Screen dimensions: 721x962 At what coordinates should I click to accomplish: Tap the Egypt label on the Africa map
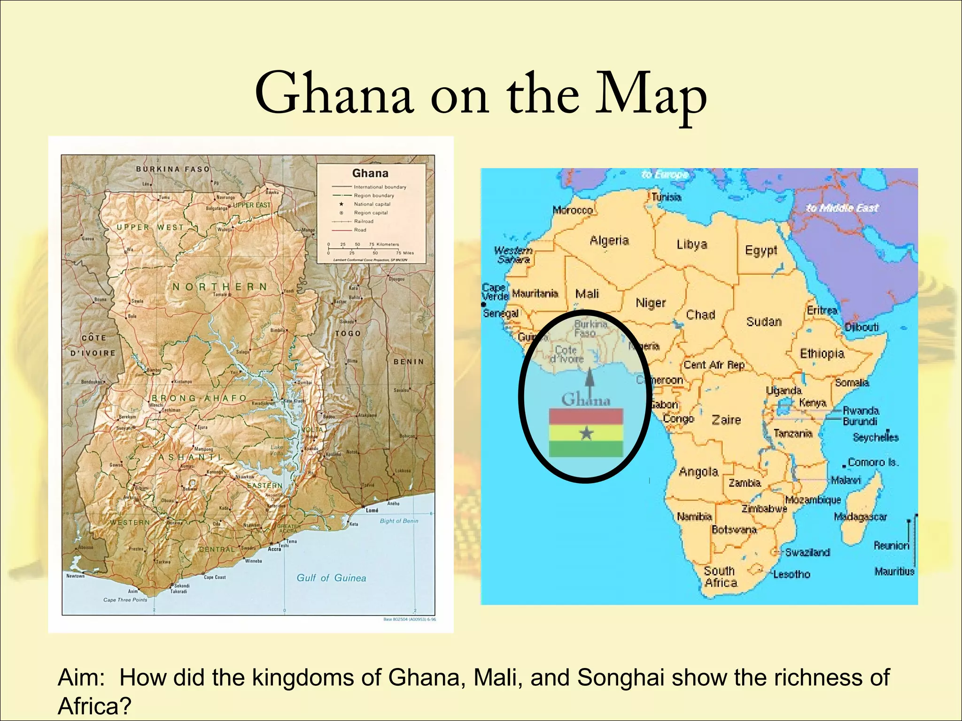click(761, 250)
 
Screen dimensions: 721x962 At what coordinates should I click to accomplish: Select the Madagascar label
click(860, 517)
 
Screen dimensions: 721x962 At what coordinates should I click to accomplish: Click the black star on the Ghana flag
click(586, 433)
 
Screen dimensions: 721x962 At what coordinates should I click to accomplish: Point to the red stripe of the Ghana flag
click(586, 417)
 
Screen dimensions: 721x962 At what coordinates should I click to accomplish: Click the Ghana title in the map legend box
click(370, 173)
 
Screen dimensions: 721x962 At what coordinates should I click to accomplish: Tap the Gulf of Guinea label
click(331, 578)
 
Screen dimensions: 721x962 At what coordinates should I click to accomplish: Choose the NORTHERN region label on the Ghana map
click(220, 286)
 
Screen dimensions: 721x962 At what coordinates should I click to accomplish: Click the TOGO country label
click(348, 333)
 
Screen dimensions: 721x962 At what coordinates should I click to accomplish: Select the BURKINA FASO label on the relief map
click(173, 169)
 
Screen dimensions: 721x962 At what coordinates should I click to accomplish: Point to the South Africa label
click(721, 577)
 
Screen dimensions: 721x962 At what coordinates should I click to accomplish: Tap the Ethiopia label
click(822, 353)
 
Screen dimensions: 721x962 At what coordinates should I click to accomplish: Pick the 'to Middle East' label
click(842, 208)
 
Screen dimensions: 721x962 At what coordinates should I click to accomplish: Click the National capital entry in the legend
click(372, 204)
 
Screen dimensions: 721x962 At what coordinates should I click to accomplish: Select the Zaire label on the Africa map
click(726, 420)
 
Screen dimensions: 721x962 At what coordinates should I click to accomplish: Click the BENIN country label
click(408, 361)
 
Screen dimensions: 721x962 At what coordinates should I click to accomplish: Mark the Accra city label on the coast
click(274, 549)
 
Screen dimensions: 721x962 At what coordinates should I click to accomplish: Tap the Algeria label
click(609, 241)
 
